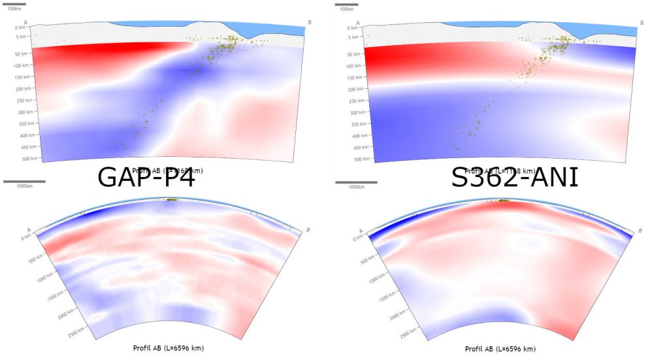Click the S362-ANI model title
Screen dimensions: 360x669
click(514, 178)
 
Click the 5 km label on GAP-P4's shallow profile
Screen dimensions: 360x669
click(23, 37)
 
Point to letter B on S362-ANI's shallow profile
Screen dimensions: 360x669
click(642, 23)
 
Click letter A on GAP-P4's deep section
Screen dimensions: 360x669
click(29, 228)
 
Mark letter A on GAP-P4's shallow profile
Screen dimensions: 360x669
click(25, 23)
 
